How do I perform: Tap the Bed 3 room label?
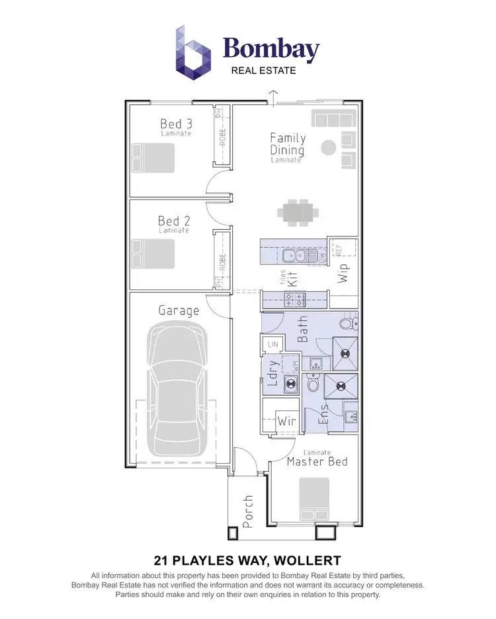pyautogui.click(x=176, y=124)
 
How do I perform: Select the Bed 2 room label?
pyautogui.click(x=173, y=221)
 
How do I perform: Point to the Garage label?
pyautogui.click(x=179, y=310)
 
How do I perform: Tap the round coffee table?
pyautogui.click(x=327, y=147)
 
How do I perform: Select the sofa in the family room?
pyautogui.click(x=335, y=119)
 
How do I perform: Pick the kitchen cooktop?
pyautogui.click(x=295, y=299)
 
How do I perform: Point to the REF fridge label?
pyautogui.click(x=338, y=250)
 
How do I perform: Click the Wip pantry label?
pyautogui.click(x=343, y=273)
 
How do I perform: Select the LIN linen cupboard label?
pyautogui.click(x=273, y=344)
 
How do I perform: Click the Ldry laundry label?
pyautogui.click(x=271, y=375)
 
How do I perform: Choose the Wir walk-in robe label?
pyautogui.click(x=286, y=420)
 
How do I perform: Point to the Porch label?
pyautogui.click(x=247, y=511)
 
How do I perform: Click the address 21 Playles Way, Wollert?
pyautogui.click(x=247, y=562)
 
